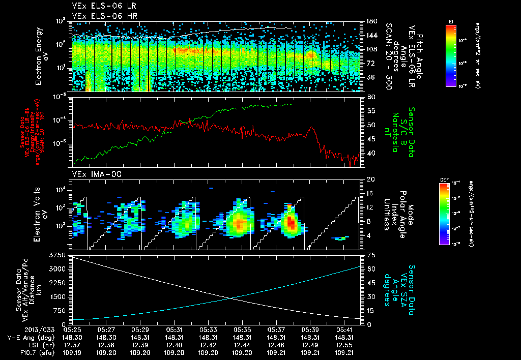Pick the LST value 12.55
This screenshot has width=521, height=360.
344,344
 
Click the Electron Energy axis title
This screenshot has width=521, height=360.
42,56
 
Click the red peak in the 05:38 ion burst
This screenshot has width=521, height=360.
291,222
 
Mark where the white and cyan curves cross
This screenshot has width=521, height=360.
231,297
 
